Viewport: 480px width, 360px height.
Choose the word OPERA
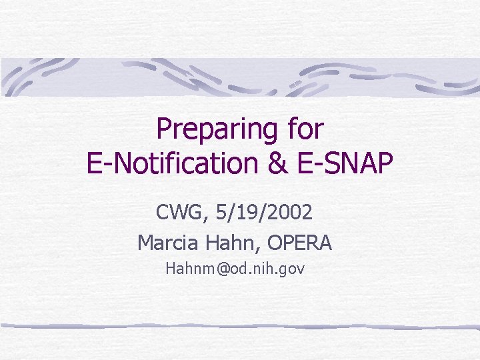pyautogui.click(x=299, y=243)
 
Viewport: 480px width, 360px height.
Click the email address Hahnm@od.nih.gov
pyautogui.click(x=235, y=269)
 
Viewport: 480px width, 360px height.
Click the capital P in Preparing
pyautogui.click(x=164, y=129)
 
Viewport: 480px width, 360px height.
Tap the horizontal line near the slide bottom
pyautogui.click(x=240, y=326)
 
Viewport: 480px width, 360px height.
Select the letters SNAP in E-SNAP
pyautogui.click(x=361, y=163)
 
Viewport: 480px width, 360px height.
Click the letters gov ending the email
pyautogui.click(x=293, y=270)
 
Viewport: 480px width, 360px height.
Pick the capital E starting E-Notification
pyautogui.click(x=95, y=163)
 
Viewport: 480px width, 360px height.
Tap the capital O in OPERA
pyautogui.click(x=275, y=243)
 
